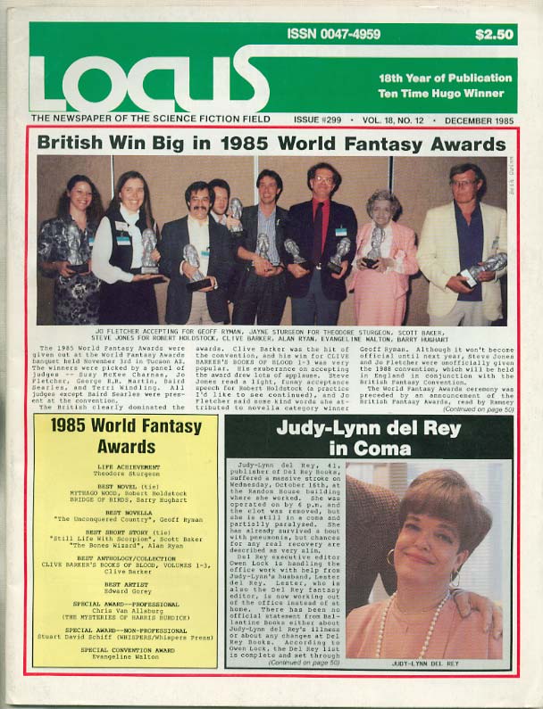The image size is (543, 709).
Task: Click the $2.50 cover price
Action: pyautogui.click(x=494, y=36)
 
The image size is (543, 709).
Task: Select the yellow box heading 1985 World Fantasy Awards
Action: pyautogui.click(x=126, y=434)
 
